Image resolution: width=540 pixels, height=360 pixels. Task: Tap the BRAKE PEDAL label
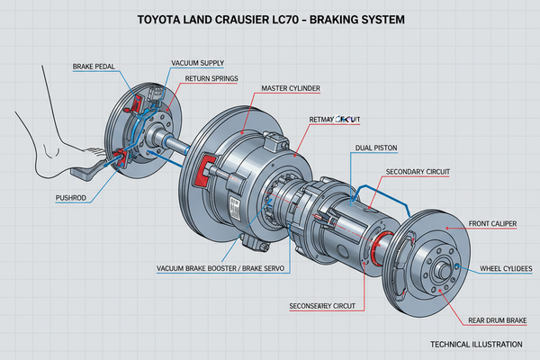pos(94,67)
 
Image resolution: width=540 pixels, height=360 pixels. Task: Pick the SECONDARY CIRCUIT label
pos(419,171)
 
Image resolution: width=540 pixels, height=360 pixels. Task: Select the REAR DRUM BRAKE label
pos(497,319)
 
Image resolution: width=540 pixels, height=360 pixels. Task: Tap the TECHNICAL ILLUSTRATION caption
pos(476,346)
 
